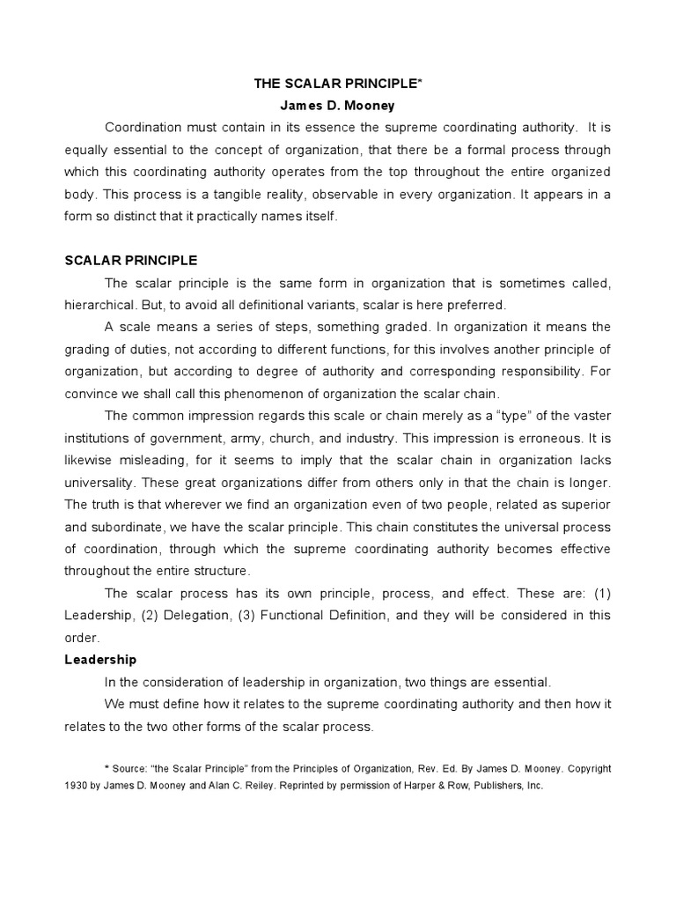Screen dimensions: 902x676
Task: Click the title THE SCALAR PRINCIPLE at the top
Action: tap(337, 84)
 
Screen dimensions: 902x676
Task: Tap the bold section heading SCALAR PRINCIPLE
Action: tap(130, 261)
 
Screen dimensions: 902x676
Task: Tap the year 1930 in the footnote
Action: tap(77, 784)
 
